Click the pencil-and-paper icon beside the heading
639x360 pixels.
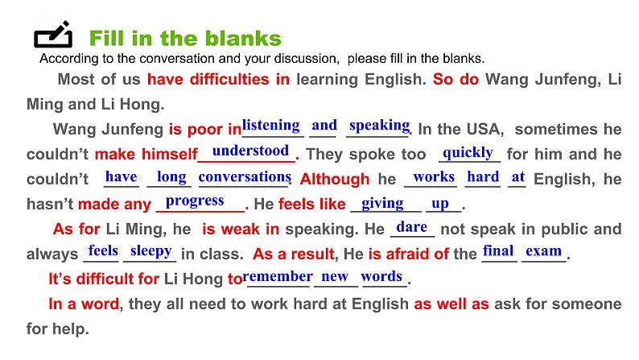(x=53, y=36)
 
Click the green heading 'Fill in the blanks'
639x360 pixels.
(x=185, y=38)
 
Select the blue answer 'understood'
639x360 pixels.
(x=250, y=151)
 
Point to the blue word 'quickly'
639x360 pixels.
(x=468, y=151)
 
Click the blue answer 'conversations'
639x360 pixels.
(x=244, y=176)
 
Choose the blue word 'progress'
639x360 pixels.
(x=195, y=201)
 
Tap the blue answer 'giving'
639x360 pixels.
(x=382, y=203)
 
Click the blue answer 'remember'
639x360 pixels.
(x=278, y=276)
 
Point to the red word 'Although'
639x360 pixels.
(x=335, y=180)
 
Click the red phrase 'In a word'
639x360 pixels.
(x=84, y=304)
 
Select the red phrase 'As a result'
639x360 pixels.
(x=293, y=254)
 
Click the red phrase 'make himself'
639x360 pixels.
(x=146, y=155)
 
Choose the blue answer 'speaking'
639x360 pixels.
(x=379, y=125)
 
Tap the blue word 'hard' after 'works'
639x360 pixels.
(x=483, y=176)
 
